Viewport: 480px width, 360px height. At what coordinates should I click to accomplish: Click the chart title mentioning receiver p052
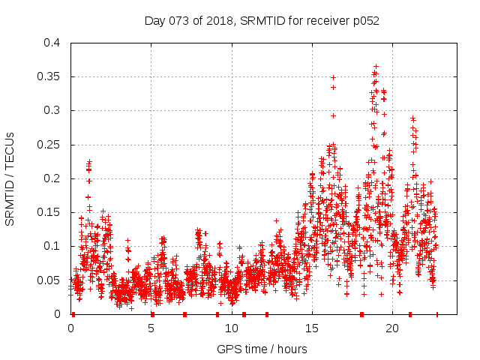[262, 21]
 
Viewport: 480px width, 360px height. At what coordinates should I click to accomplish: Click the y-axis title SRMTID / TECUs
[10, 178]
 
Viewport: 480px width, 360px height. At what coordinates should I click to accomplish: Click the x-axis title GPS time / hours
[262, 349]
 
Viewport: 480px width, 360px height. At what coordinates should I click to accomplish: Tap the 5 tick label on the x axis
[151, 328]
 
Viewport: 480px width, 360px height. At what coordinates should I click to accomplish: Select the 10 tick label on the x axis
[232, 328]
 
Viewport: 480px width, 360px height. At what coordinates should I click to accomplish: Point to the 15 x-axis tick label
[312, 328]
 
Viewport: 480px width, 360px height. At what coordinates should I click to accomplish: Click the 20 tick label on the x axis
[392, 328]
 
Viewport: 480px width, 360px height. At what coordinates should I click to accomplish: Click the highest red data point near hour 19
[376, 66]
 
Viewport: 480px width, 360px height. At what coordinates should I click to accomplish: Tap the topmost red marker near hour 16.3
[333, 77]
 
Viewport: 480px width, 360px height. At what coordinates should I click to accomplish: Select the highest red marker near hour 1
[89, 161]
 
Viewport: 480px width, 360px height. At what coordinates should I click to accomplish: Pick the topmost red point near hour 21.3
[412, 118]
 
